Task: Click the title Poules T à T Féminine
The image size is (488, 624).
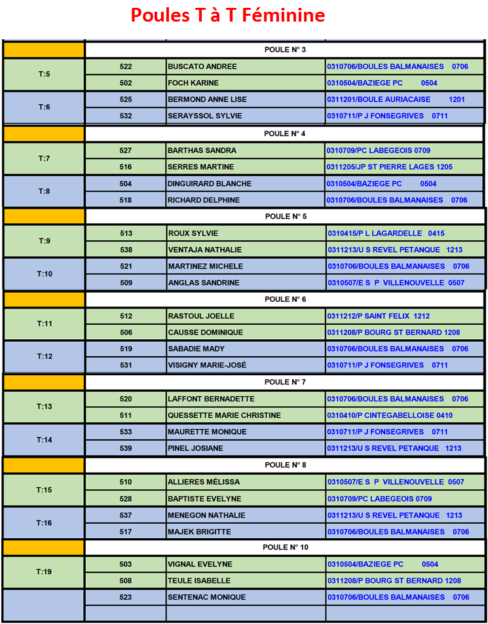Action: pos(227,15)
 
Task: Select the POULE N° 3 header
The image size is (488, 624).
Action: pos(285,50)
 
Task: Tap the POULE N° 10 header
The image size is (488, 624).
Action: pos(285,547)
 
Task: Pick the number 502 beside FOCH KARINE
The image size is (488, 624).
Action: pos(126,83)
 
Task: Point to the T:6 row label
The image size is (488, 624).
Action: pos(44,107)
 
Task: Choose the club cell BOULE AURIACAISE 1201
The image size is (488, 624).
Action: pos(396,100)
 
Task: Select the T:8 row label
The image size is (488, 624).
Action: pos(44,191)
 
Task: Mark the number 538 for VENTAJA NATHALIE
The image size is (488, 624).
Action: pos(126,249)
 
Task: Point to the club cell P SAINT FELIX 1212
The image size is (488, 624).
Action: pos(378,316)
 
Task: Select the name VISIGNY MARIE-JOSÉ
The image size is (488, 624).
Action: pos(207,365)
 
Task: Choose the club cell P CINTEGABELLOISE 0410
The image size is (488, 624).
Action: pos(390,415)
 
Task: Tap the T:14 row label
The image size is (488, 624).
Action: pos(44,440)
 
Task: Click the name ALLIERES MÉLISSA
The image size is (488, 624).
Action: pos(204,482)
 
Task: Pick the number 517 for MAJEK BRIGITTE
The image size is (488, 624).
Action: pos(126,532)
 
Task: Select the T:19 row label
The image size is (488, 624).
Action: pos(44,572)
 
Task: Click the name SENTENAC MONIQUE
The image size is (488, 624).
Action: pos(206,597)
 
